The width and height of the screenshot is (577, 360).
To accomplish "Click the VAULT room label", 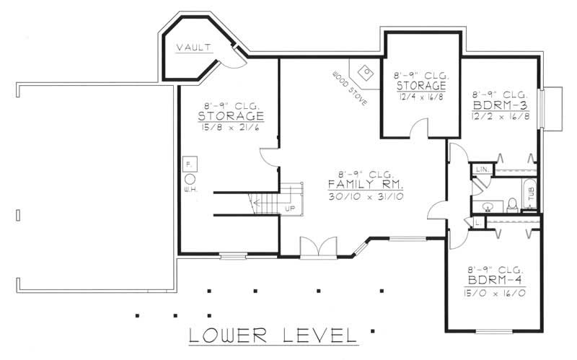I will pos(193,47).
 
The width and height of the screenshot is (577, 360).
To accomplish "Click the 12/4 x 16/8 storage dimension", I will pos(420,96).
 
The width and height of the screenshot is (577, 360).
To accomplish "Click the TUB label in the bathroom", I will pos(532,193).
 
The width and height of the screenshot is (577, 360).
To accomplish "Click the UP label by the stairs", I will pos(288,209).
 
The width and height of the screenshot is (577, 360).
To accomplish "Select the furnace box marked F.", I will pos(190,164).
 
